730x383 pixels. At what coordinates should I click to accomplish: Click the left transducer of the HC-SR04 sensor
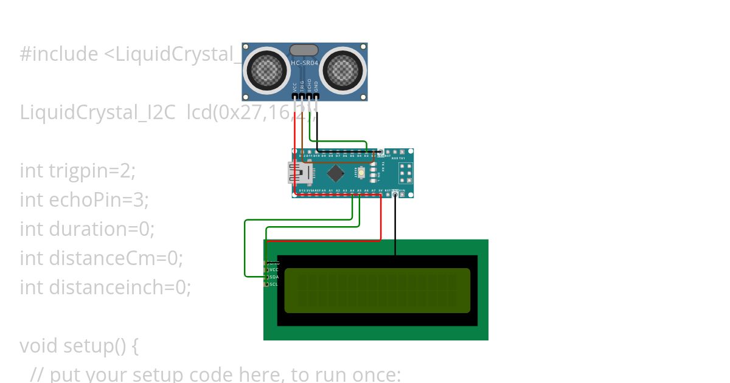click(x=265, y=71)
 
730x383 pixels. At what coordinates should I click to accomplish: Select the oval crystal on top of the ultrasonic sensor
click(x=304, y=50)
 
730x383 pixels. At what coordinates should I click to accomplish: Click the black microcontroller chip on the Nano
click(x=336, y=174)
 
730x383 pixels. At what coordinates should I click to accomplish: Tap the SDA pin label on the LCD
click(x=274, y=277)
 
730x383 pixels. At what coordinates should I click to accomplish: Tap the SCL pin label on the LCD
click(x=274, y=284)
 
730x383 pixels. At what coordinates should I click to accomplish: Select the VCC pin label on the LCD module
click(x=274, y=269)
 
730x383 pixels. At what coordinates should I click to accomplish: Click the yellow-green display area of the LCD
click(x=377, y=291)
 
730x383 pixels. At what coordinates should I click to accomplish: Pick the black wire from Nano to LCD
click(x=395, y=225)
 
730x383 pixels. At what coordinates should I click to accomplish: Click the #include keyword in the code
click(x=59, y=54)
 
